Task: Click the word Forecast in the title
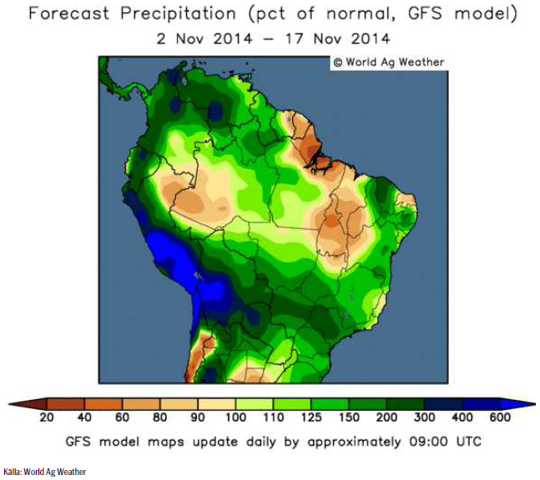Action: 73,14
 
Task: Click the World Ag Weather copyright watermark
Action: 389,62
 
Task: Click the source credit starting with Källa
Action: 44,472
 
